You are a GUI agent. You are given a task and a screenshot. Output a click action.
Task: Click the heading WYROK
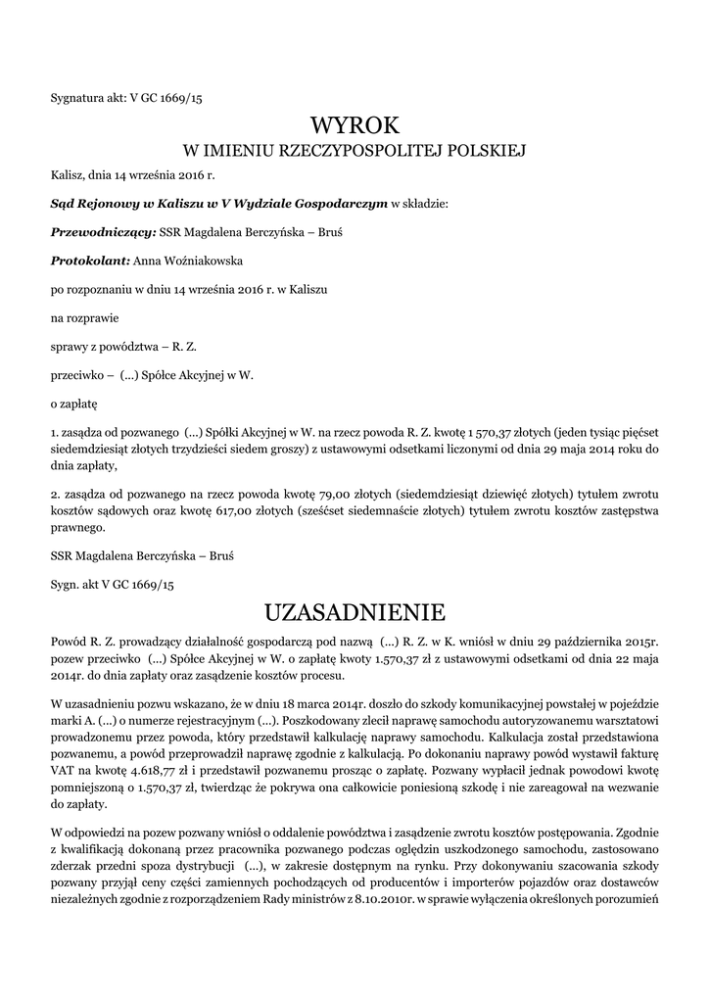(355, 125)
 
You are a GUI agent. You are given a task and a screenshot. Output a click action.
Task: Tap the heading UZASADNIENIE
(355, 613)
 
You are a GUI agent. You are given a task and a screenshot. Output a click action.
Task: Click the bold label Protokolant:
(89, 262)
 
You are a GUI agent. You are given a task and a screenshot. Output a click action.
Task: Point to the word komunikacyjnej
(420, 700)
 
